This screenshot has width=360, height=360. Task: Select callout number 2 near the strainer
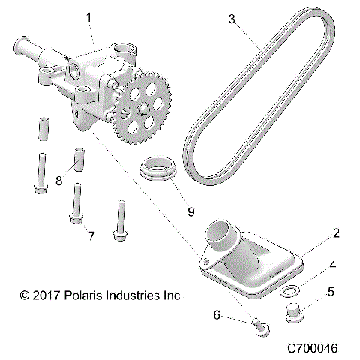[337, 234]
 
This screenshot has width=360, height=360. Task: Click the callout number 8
[58, 180]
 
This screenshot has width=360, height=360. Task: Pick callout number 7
[91, 236]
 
